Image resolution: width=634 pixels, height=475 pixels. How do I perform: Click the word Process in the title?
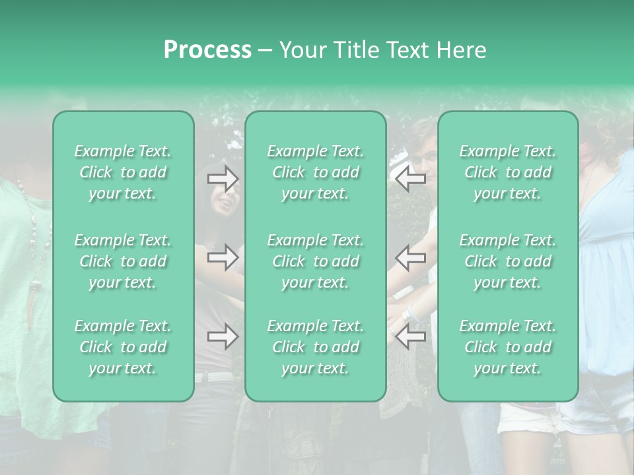pos(207,49)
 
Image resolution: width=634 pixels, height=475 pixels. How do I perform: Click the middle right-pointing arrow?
pos(223,257)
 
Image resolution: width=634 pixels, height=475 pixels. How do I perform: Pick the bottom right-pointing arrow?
pos(223,337)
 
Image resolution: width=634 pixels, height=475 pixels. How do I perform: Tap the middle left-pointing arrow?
pos(410,257)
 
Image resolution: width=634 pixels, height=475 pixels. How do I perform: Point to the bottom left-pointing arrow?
pos(410,337)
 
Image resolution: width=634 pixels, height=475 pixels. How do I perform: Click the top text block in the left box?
pos(123,172)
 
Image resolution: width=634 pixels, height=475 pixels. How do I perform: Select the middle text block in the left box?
pos(123,261)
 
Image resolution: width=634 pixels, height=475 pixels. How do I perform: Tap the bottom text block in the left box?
pos(123,347)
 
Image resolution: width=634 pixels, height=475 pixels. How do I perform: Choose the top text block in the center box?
pos(316,172)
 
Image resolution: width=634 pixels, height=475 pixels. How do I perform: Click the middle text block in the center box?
pos(316,261)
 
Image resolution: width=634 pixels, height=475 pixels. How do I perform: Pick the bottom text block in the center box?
pos(316,347)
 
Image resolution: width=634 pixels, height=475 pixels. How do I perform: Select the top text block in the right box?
pos(508,172)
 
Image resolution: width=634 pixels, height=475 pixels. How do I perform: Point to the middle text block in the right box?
pos(508,261)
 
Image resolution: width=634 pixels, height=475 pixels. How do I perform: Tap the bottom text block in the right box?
pos(508,347)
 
